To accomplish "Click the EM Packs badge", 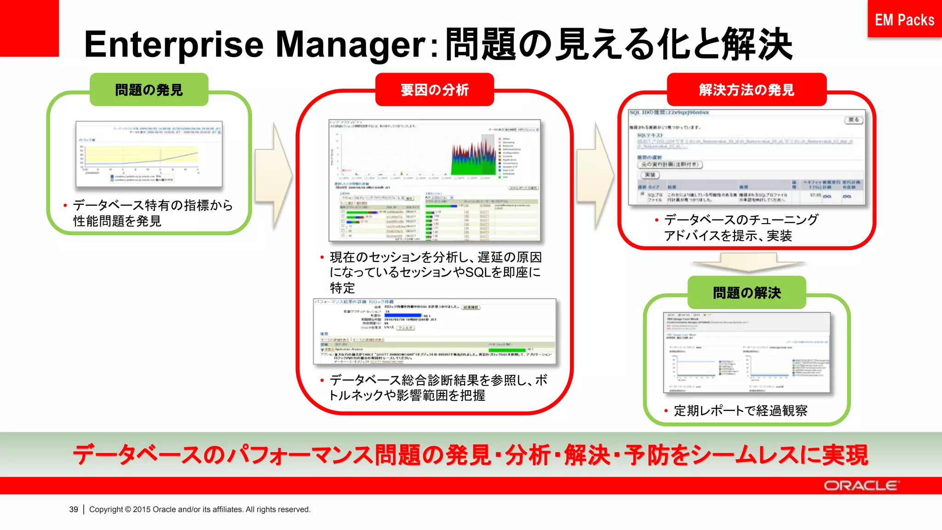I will [904, 19].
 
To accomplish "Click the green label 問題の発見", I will [149, 90].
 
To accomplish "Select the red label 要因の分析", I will [434, 90].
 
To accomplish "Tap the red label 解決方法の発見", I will [746, 90].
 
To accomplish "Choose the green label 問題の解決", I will [747, 293].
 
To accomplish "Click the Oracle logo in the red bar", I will [860, 486].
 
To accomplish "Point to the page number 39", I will [74, 509].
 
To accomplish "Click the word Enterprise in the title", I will [174, 45].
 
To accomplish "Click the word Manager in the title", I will [350, 45].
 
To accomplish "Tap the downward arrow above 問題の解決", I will [748, 264].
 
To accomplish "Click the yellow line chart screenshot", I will [149, 154].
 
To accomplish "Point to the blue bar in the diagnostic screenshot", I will [403, 316].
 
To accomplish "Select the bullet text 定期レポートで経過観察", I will [740, 410].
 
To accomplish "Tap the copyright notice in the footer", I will [200, 509].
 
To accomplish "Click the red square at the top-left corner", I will [29, 28].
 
